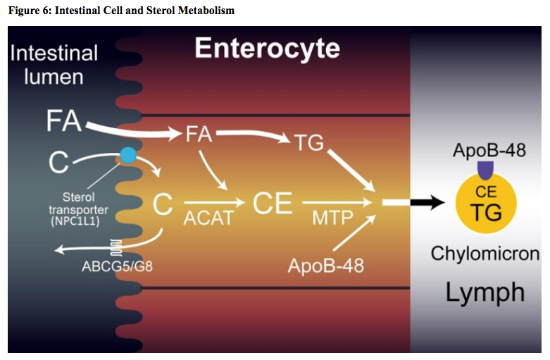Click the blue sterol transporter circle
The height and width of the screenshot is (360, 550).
tap(127, 155)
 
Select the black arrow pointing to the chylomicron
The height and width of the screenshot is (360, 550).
tap(424, 203)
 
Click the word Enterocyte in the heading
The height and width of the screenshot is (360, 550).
tap(267, 49)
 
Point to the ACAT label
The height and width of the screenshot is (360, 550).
tap(208, 218)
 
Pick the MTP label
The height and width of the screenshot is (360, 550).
tap(332, 218)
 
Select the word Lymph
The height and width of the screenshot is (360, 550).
tap(485, 292)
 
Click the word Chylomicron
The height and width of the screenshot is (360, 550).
tap(485, 254)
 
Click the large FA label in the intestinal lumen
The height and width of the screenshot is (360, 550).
tap(64, 121)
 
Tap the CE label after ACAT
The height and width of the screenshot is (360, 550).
tap(273, 203)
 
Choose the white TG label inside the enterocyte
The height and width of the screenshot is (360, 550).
tap(309, 143)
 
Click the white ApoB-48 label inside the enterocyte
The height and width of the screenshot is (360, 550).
tap(325, 266)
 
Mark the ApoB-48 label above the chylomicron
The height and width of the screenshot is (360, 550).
tap(489, 150)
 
